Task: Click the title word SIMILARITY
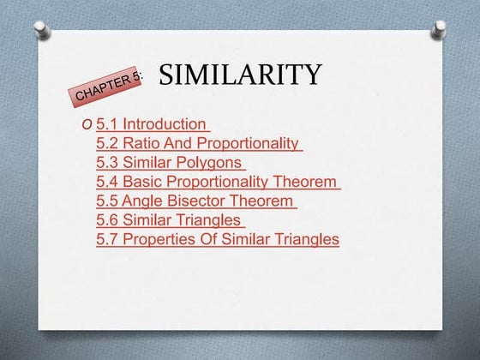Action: click(x=241, y=75)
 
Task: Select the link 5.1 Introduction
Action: click(x=152, y=124)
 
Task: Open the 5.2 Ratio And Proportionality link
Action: click(x=199, y=143)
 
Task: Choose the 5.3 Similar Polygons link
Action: click(x=171, y=162)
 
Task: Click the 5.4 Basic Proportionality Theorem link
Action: click(x=218, y=182)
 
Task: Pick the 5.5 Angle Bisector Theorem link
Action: click(x=196, y=201)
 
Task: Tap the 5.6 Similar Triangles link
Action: click(x=171, y=219)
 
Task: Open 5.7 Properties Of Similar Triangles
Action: click(x=218, y=239)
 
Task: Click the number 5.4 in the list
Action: click(x=107, y=182)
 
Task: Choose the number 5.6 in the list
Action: click(x=107, y=219)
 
